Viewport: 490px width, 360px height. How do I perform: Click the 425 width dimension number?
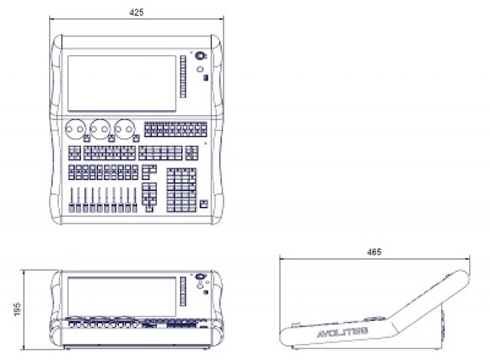point(136,12)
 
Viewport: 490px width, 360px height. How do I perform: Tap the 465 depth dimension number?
point(374,252)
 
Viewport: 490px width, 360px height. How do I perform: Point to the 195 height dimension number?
point(18,309)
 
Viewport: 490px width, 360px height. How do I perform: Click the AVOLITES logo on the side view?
point(342,332)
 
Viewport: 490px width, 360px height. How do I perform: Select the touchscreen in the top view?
point(122,83)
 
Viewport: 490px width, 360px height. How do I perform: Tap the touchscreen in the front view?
point(122,296)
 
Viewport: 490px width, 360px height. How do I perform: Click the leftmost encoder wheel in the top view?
point(75,129)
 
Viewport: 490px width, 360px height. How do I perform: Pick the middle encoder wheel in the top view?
point(100,129)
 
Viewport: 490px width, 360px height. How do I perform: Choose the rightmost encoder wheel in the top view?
point(124,129)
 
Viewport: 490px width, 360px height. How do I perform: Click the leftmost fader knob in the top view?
point(71,208)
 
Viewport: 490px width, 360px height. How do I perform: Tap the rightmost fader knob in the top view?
point(135,208)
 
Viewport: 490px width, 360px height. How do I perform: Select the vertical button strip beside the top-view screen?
point(183,77)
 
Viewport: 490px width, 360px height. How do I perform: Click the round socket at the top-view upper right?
point(200,56)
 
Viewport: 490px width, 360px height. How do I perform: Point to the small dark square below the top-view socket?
point(206,78)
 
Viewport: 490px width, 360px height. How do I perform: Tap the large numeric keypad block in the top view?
point(181,190)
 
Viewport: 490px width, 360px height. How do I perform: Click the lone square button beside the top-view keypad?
point(204,204)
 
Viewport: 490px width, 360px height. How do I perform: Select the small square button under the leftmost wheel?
point(87,139)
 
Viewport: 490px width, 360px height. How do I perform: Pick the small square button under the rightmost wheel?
point(136,139)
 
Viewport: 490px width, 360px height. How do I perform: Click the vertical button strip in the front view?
point(183,291)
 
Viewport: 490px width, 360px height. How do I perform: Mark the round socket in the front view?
point(199,277)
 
